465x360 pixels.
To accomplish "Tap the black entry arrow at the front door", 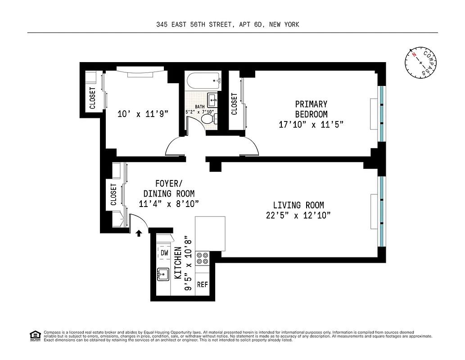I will pyautogui.click(x=139, y=233).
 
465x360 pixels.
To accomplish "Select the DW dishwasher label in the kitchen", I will pyautogui.click(x=164, y=253).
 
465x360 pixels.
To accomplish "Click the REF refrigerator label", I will pyautogui.click(x=203, y=285).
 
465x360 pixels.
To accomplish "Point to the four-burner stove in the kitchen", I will pyautogui.click(x=203, y=258).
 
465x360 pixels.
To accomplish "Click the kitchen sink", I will pyautogui.click(x=163, y=274).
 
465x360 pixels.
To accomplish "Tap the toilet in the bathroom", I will pyautogui.click(x=208, y=119).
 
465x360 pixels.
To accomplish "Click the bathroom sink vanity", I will pyautogui.click(x=212, y=99).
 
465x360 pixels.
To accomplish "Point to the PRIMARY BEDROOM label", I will pyautogui.click(x=311, y=109).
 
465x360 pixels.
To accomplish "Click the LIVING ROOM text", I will pyautogui.click(x=298, y=205).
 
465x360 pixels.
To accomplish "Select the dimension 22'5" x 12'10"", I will pyautogui.click(x=298, y=216).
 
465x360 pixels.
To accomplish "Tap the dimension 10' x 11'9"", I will pyautogui.click(x=142, y=114).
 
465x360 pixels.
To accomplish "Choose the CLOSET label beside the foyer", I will pyautogui.click(x=113, y=194).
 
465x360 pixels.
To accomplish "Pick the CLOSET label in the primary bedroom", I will pyautogui.click(x=234, y=104).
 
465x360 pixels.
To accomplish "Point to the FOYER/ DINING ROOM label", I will pyautogui.click(x=169, y=189).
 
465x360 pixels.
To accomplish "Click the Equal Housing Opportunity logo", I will pyautogui.click(x=34, y=335).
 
